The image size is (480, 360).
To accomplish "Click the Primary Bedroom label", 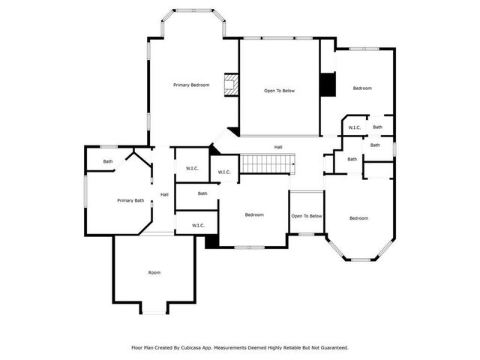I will [191, 85].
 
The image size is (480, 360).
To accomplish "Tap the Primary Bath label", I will [130, 200].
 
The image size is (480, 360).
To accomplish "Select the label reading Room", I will [154, 272].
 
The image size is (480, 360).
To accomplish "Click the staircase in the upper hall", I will [266, 163].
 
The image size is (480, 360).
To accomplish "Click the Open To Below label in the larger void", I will [279, 91].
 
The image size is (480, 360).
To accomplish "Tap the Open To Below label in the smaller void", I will [307, 216].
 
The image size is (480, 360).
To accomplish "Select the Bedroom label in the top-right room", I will [362, 88].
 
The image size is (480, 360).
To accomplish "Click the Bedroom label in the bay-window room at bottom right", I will [358, 218].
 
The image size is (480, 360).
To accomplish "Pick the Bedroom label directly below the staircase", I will [254, 215].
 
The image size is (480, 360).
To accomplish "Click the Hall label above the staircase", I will [277, 147].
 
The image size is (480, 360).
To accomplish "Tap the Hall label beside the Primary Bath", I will [164, 195].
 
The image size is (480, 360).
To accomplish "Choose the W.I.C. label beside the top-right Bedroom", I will [355, 127].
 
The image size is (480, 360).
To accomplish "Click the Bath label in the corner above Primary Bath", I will [108, 161].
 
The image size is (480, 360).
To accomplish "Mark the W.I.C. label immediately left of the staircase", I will [224, 172].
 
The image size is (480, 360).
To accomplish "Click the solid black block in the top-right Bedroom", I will [328, 85].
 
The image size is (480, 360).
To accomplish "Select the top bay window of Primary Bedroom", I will [193, 11].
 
